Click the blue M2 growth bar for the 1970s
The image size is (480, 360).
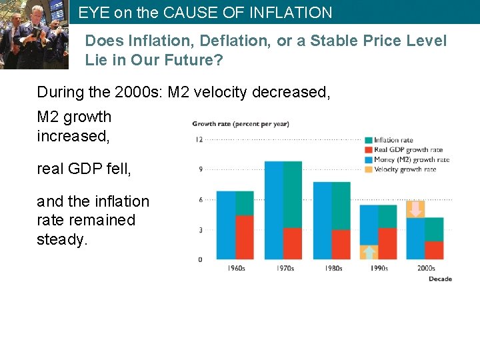pyautogui.click(x=273, y=210)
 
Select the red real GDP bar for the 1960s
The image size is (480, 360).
pyautogui.click(x=245, y=237)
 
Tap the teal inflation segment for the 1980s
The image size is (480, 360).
pyautogui.click(x=341, y=206)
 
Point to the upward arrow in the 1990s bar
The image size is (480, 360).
pyautogui.click(x=369, y=252)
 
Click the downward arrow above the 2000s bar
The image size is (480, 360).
pyautogui.click(x=415, y=209)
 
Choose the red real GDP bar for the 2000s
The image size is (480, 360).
pyautogui.click(x=434, y=250)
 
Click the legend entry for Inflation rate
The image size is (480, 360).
pyautogui.click(x=393, y=140)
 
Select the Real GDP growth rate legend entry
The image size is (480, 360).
pyautogui.click(x=408, y=150)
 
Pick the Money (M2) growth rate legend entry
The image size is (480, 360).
pyautogui.click(x=411, y=159)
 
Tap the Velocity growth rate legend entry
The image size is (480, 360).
pyautogui.click(x=405, y=169)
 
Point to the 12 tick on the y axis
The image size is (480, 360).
pyautogui.click(x=199, y=139)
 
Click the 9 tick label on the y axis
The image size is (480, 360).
pyautogui.click(x=199, y=169)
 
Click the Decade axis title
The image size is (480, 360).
pyautogui.click(x=440, y=279)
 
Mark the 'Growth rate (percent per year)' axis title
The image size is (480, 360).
pyautogui.click(x=241, y=123)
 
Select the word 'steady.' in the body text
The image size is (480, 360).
pyautogui.click(x=62, y=239)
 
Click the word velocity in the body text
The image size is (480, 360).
pyautogui.click(x=223, y=92)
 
